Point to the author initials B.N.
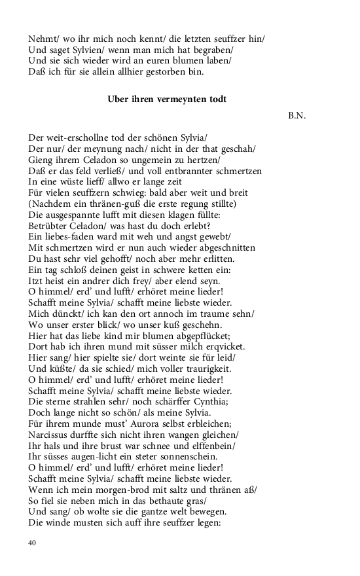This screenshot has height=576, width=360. point(297,116)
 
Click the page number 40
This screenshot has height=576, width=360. point(33,543)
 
